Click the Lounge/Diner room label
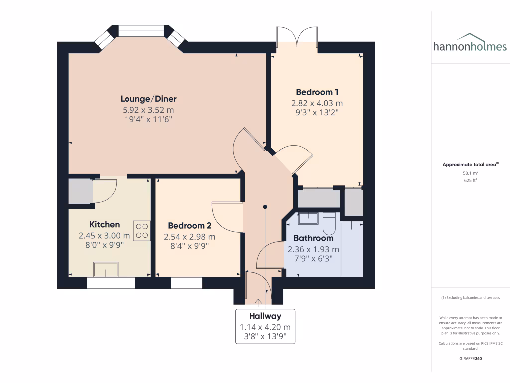click(x=148, y=99)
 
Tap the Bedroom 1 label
click(x=317, y=92)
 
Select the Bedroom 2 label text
click(x=190, y=225)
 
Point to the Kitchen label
click(x=104, y=224)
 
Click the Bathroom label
click(x=313, y=238)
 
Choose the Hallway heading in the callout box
click(x=265, y=316)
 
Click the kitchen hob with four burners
click(x=142, y=231)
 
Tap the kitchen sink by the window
click(x=106, y=270)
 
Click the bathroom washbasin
click(x=308, y=218)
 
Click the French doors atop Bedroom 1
click(x=296, y=36)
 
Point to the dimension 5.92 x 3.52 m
click(x=148, y=110)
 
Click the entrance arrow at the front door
click(x=258, y=301)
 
